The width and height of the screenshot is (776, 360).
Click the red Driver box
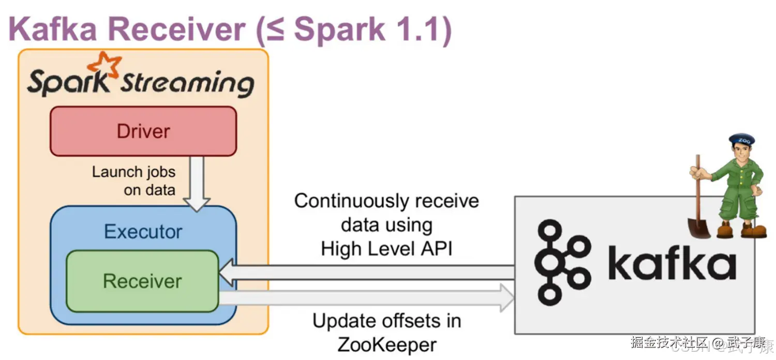pyautogui.click(x=143, y=131)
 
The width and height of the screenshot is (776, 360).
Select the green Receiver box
pyautogui.click(x=142, y=281)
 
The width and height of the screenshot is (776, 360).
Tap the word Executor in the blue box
pyautogui.click(x=143, y=231)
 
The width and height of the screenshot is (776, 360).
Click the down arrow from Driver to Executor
pyautogui.click(x=197, y=184)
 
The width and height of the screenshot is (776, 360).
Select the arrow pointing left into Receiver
pyautogui.click(x=362, y=273)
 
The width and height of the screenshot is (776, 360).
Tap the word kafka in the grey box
pyautogui.click(x=671, y=264)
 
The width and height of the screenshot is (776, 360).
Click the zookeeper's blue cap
pyautogui.click(x=741, y=140)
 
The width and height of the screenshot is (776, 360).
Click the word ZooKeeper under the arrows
pyautogui.click(x=386, y=344)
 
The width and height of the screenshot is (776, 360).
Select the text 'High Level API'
pyautogui.click(x=386, y=249)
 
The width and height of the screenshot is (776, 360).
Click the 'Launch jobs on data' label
pyautogui.click(x=134, y=181)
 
